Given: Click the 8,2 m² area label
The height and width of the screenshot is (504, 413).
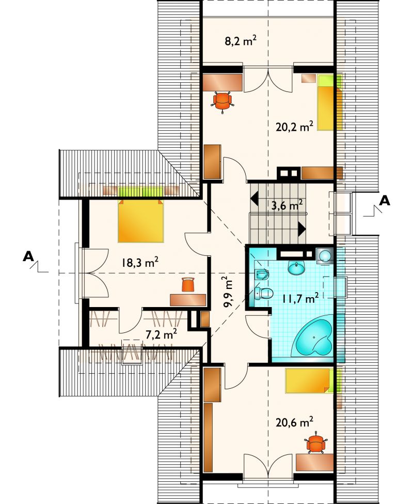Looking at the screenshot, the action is pyautogui.click(x=241, y=41).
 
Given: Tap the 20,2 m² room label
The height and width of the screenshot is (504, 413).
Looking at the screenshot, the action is pyautogui.click(x=294, y=127).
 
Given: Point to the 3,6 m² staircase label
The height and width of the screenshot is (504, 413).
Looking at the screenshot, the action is pyautogui.click(x=287, y=205).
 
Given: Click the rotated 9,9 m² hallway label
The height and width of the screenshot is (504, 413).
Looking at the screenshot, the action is pyautogui.click(x=229, y=292).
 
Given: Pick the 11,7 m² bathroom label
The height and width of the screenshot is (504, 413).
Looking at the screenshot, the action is pyautogui.click(x=300, y=298).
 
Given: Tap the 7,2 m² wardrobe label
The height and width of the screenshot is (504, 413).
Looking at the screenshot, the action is pyautogui.click(x=161, y=334).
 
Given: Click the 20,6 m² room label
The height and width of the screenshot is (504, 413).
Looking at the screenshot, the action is pyautogui.click(x=294, y=422).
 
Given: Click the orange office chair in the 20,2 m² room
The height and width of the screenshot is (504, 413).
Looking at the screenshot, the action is pyautogui.click(x=223, y=101).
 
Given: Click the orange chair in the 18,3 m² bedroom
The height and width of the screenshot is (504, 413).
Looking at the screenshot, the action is pyautogui.click(x=188, y=285).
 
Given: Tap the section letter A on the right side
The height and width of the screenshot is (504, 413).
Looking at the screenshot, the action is pyautogui.click(x=385, y=201).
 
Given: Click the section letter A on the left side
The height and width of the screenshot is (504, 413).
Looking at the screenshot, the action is pyautogui.click(x=28, y=256).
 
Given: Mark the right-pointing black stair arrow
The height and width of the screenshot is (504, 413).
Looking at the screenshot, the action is pyautogui.click(x=301, y=229).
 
